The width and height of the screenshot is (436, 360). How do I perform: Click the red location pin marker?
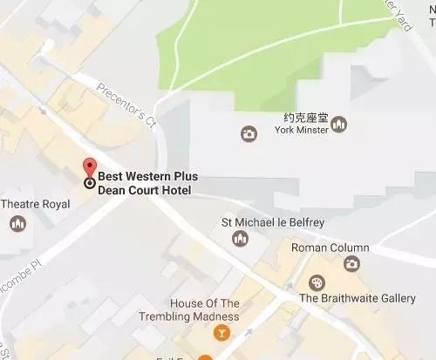(x=89, y=168)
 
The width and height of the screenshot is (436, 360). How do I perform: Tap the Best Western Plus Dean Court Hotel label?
(x=146, y=183)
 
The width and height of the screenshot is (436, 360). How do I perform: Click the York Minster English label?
(x=301, y=130)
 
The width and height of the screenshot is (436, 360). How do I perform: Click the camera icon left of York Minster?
(x=249, y=133)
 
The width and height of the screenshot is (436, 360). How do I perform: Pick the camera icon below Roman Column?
(x=351, y=263)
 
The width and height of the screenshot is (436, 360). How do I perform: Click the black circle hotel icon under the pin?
(x=89, y=182)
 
